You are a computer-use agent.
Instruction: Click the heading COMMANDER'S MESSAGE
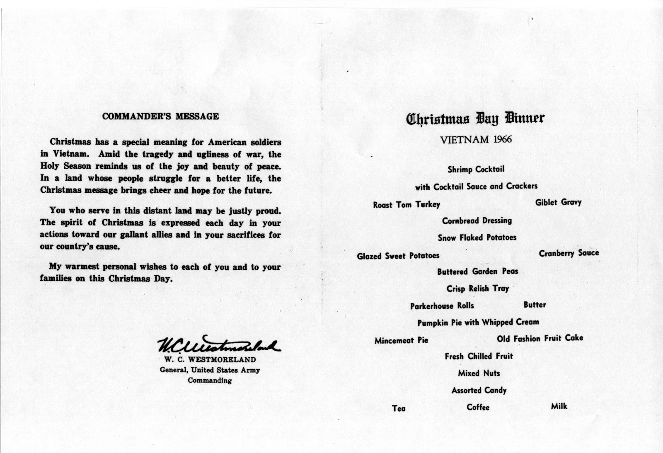point(160,116)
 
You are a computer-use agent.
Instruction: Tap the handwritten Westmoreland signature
point(218,344)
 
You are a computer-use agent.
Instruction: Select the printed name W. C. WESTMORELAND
point(210,360)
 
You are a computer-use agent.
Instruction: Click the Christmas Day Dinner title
point(475,119)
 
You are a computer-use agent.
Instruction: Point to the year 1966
point(503,139)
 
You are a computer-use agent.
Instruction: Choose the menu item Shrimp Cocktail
point(476,169)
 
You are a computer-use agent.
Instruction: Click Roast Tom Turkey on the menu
point(407,205)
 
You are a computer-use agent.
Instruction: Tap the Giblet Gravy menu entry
point(558,203)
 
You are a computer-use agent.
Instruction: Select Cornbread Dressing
point(477,220)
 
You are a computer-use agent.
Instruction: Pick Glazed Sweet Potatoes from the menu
point(398,256)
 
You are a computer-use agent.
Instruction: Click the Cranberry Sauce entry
point(569,253)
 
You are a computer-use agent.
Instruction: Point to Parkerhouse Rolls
point(442,306)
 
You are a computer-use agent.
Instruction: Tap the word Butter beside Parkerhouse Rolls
point(535,305)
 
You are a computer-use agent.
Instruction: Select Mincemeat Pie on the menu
point(401,341)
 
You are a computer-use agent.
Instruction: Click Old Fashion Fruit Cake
point(540,339)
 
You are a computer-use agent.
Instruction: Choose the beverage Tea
point(399,409)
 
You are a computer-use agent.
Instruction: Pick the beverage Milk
point(559,406)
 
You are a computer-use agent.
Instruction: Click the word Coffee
point(478,407)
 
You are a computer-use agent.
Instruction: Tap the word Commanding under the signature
point(210,380)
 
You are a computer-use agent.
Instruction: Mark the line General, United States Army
point(210,370)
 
